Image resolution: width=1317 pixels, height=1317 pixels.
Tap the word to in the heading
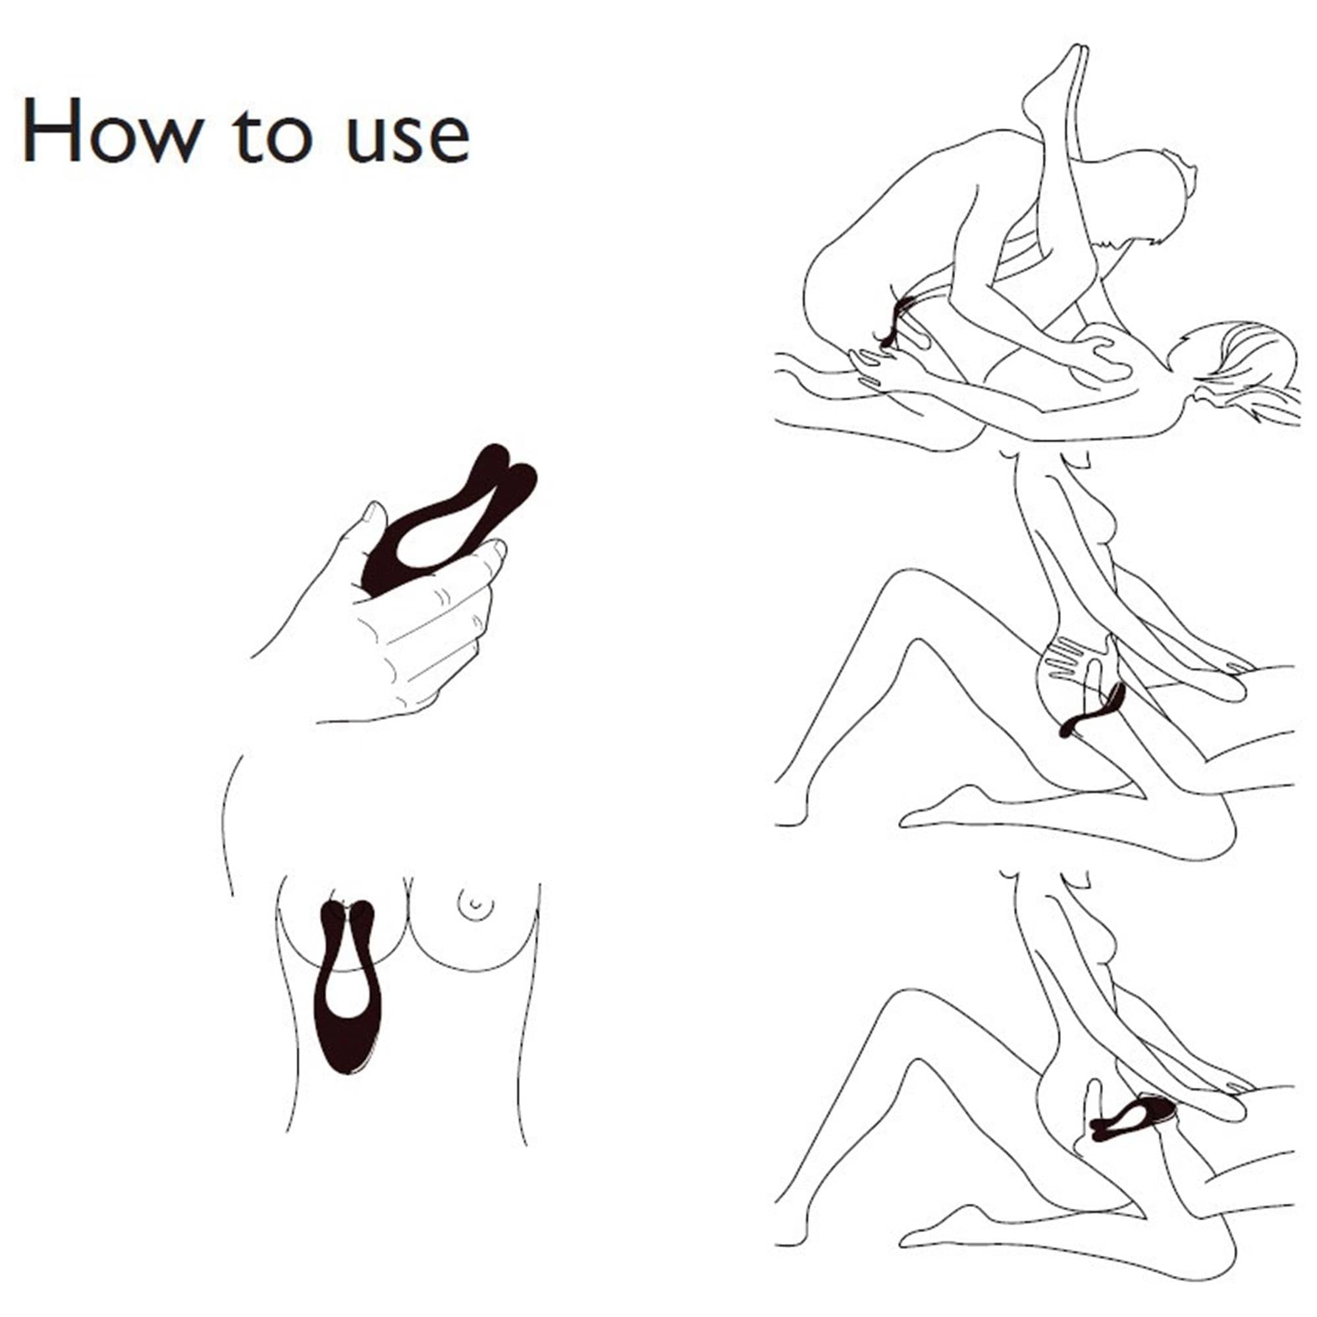coord(272,133)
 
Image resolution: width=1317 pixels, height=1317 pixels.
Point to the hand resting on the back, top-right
coord(1098,354)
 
